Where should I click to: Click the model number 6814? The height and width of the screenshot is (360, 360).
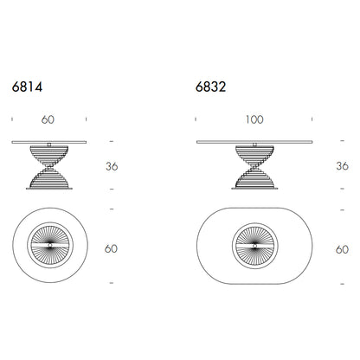[x=27, y=87]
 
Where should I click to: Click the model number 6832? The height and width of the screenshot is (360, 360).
[x=210, y=87]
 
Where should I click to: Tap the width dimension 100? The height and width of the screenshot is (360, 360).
[x=254, y=119]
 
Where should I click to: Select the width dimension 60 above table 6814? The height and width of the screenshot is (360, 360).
[x=48, y=119]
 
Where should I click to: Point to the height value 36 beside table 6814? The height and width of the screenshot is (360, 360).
[x=112, y=166]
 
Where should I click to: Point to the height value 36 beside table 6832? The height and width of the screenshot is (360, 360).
[x=342, y=166]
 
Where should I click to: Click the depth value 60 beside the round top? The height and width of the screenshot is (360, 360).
[x=111, y=248]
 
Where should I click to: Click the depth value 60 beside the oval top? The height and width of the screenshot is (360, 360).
[x=342, y=249]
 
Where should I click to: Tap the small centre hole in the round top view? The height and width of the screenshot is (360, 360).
[x=50, y=245]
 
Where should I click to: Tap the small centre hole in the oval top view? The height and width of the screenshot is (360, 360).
[x=254, y=246]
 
